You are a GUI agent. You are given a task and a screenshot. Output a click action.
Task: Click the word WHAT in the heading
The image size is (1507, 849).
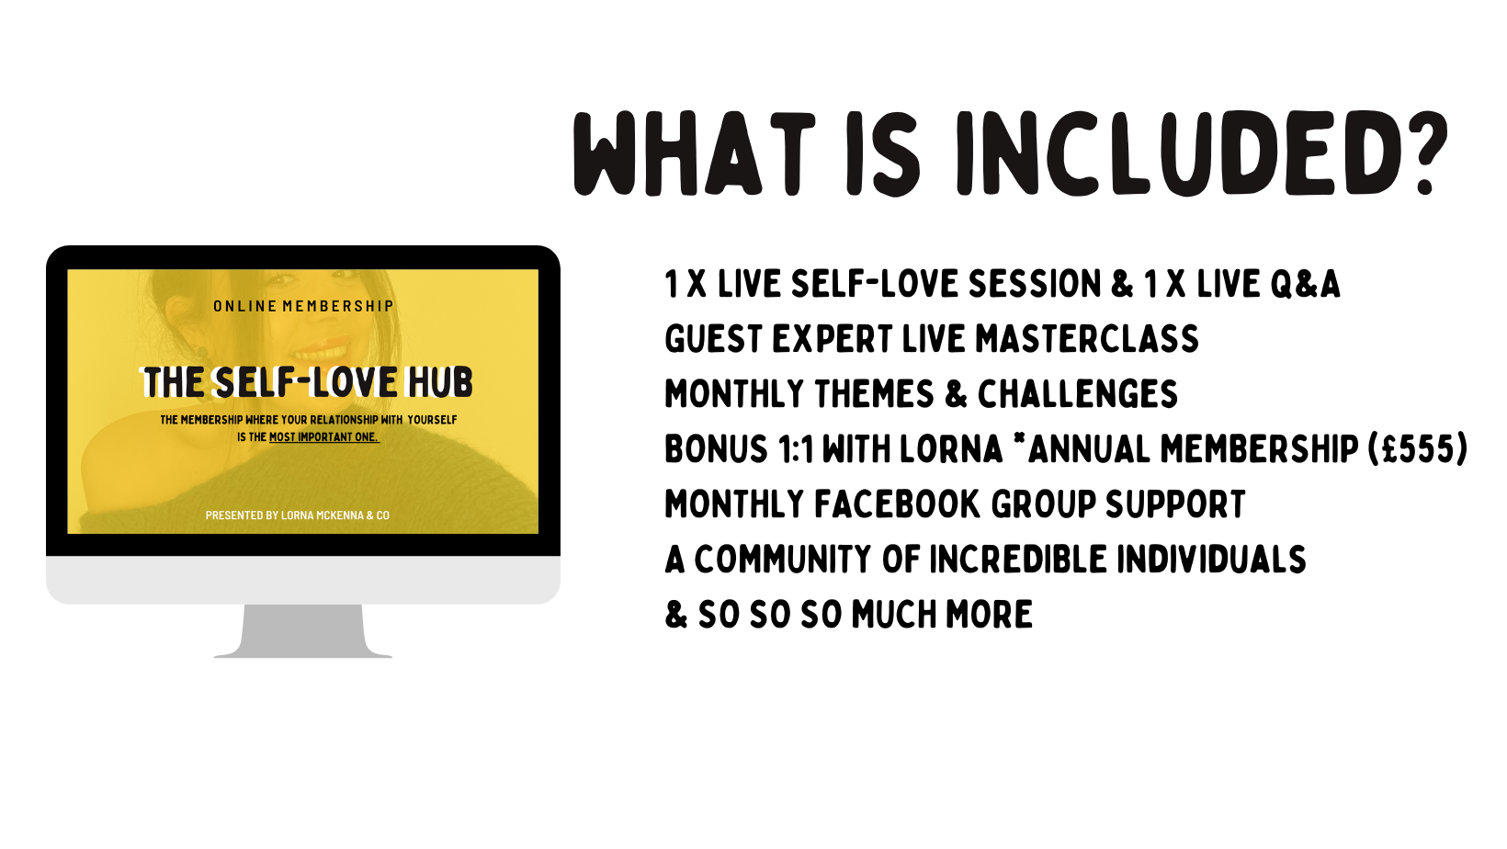tap(694, 153)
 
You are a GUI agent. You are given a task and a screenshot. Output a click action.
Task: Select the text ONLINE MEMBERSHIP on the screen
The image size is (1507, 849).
tap(302, 306)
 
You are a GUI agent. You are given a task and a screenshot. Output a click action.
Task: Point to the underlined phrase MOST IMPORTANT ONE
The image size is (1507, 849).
tap(324, 437)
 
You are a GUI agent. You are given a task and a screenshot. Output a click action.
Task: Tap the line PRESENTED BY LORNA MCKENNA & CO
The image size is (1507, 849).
tap(298, 515)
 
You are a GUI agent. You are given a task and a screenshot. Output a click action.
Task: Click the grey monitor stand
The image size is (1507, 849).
tap(302, 631)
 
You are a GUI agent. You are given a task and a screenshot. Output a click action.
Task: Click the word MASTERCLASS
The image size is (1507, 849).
tap(1087, 338)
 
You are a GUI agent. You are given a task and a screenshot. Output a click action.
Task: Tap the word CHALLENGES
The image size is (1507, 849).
tap(1078, 393)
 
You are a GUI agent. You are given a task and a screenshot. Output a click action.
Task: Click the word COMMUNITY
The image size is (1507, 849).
tap(783, 559)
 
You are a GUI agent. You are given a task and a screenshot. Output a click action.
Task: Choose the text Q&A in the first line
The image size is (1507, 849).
tap(1305, 283)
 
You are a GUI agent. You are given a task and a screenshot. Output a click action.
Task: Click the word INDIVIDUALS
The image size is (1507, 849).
tap(1212, 559)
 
